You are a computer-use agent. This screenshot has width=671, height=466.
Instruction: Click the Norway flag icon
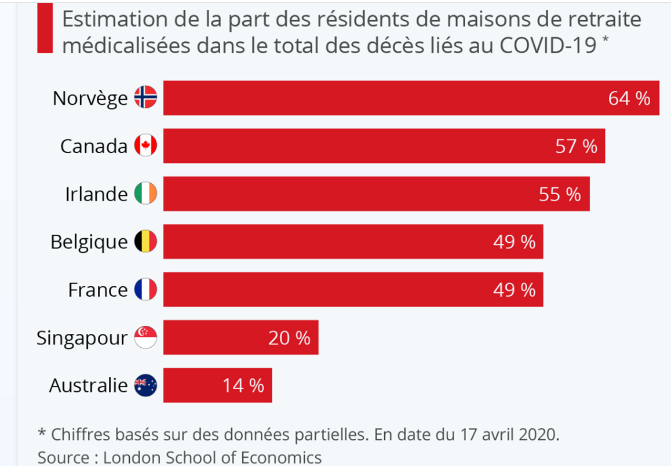click(145, 98)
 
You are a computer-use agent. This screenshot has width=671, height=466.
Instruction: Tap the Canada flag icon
click(145, 145)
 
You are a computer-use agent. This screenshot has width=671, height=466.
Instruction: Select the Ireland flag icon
click(145, 194)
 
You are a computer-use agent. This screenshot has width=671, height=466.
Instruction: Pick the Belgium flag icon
click(145, 241)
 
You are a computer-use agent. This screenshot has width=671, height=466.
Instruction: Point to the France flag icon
click(145, 289)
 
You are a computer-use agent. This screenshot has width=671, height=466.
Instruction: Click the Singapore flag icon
click(145, 337)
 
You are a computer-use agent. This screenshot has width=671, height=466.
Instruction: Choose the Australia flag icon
click(145, 385)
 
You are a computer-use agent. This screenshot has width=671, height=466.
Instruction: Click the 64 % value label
click(629, 98)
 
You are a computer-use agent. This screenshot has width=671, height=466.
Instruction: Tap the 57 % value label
click(576, 145)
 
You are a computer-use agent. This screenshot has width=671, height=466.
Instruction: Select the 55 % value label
click(560, 194)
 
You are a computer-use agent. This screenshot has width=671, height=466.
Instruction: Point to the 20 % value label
click(289, 337)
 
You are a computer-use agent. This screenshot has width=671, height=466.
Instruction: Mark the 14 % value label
click(243, 385)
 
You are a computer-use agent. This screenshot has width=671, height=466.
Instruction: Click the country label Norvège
click(90, 98)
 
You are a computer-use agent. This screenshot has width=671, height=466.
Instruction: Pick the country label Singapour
click(82, 337)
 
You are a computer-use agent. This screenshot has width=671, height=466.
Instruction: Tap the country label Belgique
click(89, 242)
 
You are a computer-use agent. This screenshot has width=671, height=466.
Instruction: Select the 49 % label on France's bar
click(514, 289)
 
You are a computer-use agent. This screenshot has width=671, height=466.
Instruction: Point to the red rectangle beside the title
click(45, 28)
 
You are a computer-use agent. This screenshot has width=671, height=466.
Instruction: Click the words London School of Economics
click(212, 457)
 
